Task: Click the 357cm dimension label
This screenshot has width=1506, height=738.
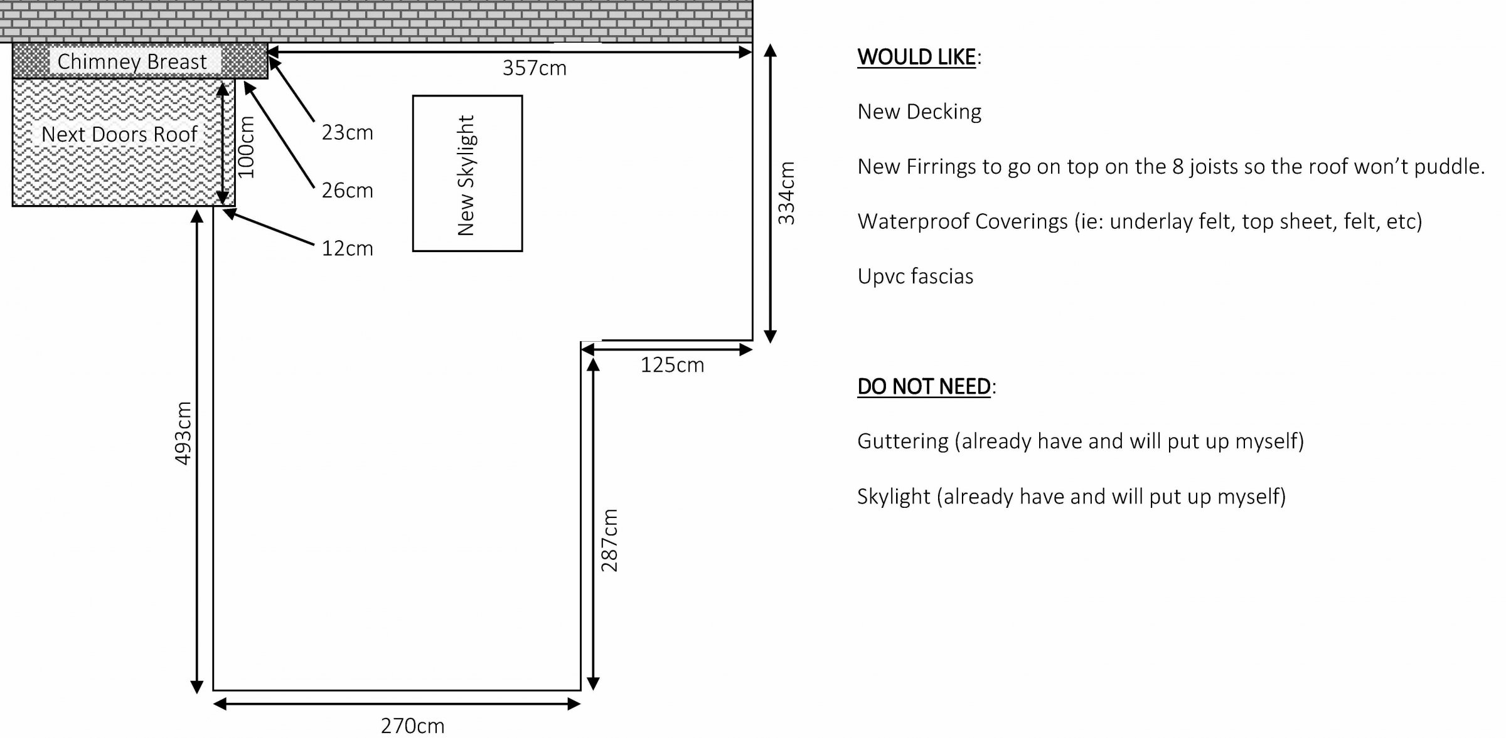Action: coord(534,68)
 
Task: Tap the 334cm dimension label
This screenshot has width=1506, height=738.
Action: coord(786,193)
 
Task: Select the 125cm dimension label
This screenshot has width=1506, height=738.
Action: coord(672,365)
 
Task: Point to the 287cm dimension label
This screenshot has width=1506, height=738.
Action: coord(609,540)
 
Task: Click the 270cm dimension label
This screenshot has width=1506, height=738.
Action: coord(412,726)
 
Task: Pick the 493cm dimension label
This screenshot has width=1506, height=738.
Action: coord(183,433)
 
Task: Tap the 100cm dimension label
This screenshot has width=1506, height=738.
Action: coord(247,147)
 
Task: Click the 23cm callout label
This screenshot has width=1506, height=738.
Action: coord(348,133)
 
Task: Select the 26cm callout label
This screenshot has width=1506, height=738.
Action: coord(348,191)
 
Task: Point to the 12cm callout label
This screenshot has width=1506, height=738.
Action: coord(348,249)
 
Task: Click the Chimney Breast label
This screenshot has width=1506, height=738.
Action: coord(132,62)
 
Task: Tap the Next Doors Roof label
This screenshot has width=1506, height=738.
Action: coord(119,134)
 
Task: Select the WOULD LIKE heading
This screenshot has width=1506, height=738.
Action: coord(917,57)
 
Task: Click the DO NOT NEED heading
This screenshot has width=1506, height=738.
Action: coord(924,386)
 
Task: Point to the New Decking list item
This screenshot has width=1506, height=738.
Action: coord(919,112)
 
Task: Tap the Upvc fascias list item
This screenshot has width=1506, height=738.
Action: coord(916,277)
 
